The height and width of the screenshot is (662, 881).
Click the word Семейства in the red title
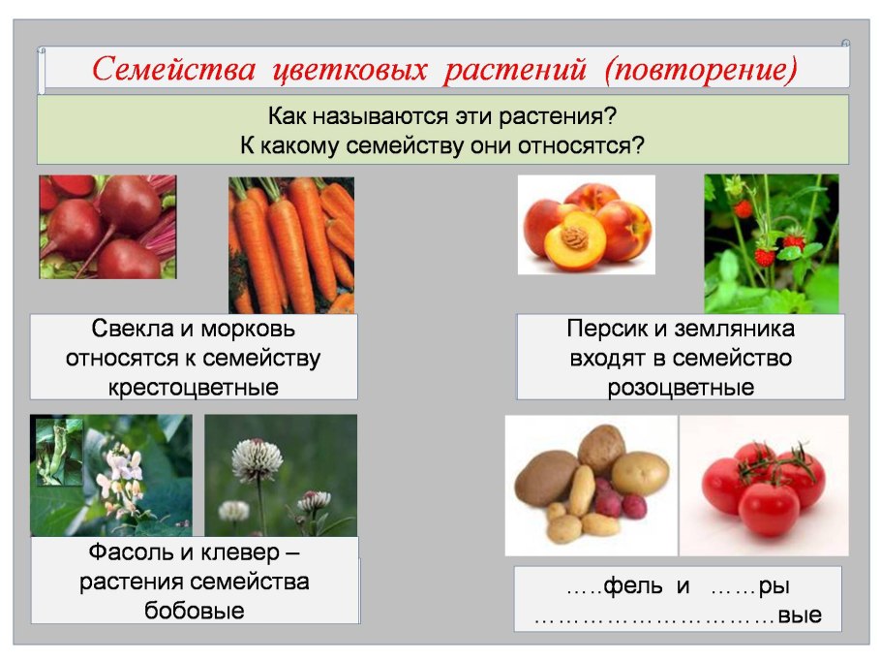[173, 69]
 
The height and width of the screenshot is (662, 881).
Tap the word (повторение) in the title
[701, 70]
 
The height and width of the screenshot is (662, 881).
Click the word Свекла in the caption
[133, 329]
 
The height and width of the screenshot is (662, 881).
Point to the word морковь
[248, 329]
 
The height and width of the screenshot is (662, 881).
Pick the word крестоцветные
[194, 388]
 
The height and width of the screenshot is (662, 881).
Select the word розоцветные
[681, 388]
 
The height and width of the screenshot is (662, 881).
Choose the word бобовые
[195, 611]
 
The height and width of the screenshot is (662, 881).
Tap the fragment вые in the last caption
[800, 615]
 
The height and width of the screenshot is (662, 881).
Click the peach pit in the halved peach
[574, 237]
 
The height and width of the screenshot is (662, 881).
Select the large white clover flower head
[257, 459]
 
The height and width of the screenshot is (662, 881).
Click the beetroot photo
[107, 227]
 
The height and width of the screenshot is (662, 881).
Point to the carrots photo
[291, 245]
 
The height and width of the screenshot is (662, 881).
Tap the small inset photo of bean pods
[59, 452]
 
